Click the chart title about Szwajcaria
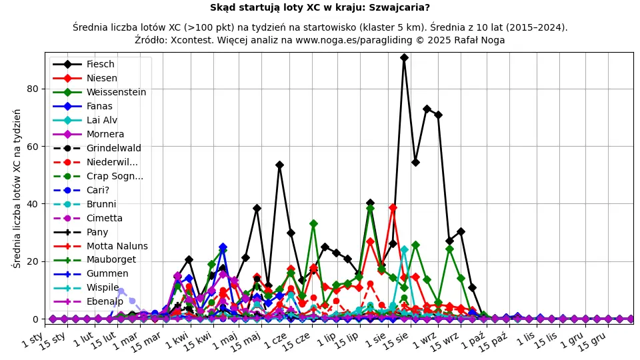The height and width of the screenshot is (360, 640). tap(320, 8)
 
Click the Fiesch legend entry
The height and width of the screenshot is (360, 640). tap(100, 65)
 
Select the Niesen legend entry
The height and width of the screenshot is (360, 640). tap(101, 79)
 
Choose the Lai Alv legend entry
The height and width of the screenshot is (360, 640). tap(101, 121)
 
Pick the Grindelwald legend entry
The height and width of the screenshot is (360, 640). tap(113, 149)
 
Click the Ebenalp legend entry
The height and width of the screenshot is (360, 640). tap(105, 302)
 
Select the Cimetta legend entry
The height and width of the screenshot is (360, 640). tap(104, 218)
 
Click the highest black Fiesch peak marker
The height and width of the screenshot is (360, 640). tap(404, 58)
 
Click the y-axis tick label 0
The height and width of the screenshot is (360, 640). tap(35, 319)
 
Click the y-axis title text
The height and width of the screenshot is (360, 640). tap(17, 188)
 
